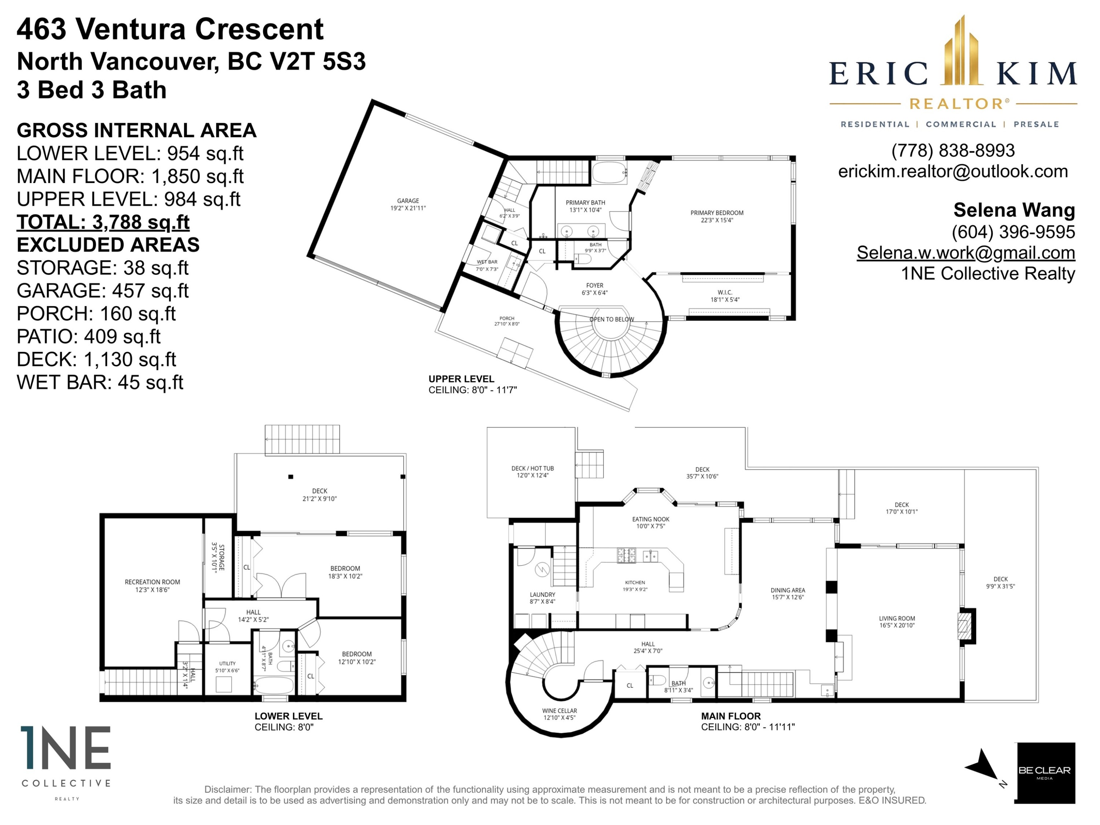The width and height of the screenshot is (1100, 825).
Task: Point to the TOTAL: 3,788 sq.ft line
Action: coord(103,222)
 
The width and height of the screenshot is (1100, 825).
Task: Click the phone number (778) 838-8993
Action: coord(953,150)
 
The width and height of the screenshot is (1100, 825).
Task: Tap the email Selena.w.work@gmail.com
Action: coord(966,253)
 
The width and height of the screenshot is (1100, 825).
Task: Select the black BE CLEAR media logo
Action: coord(1044,773)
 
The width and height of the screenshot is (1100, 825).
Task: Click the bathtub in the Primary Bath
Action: coord(609,173)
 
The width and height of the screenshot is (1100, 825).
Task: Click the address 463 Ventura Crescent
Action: coord(170,29)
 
